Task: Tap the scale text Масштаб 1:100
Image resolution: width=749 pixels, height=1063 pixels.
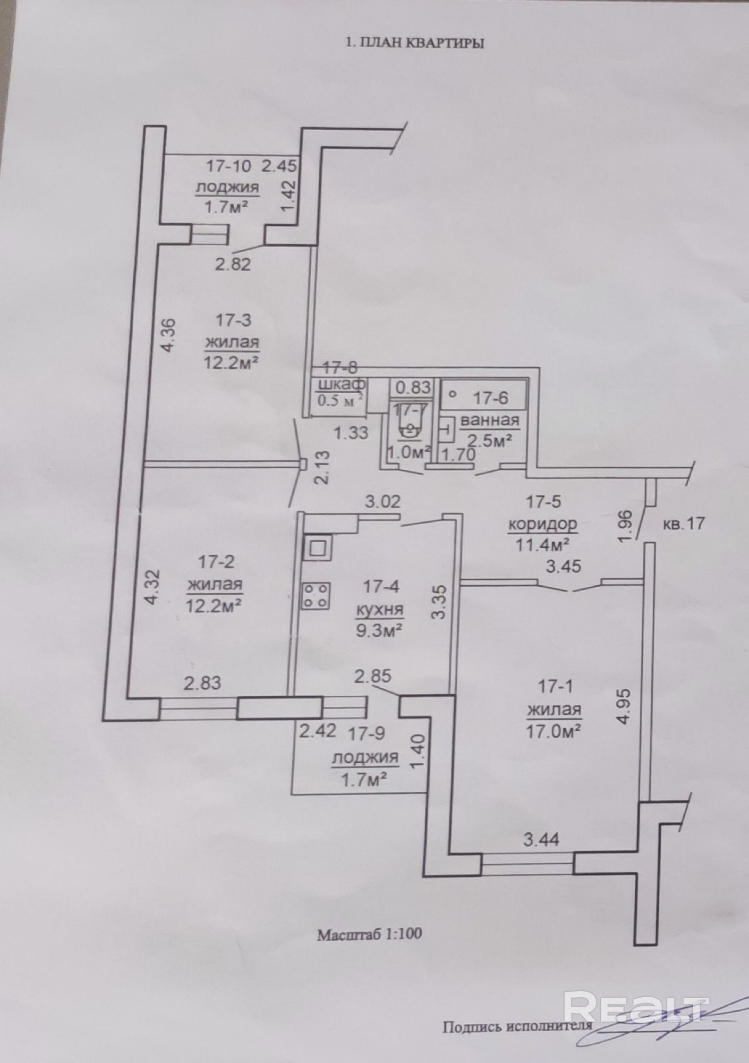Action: coord(369,934)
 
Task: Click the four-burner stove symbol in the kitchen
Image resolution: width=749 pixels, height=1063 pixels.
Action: coord(317,595)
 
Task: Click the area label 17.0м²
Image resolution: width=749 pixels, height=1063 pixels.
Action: coord(552,731)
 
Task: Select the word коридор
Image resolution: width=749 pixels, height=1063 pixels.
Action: coord(542,524)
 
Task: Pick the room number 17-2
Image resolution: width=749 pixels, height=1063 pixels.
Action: coord(216,561)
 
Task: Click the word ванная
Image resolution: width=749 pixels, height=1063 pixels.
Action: coord(489,420)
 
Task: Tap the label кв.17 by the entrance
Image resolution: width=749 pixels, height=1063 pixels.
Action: coord(684,524)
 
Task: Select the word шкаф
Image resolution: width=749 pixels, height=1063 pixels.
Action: coord(341,384)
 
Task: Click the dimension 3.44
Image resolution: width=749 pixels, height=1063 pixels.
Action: coord(541,840)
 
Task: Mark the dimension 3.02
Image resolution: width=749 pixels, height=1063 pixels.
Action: coord(382,501)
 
